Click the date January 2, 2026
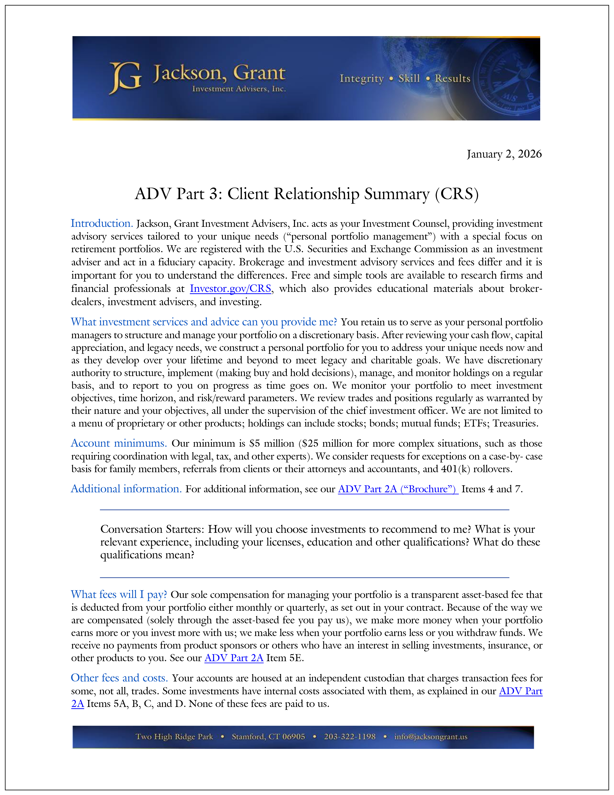pos(504,154)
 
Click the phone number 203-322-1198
pos(349,737)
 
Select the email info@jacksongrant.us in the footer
pos(431,737)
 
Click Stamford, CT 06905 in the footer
pos(268,737)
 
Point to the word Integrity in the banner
pos(362,79)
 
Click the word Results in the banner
pos(453,79)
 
